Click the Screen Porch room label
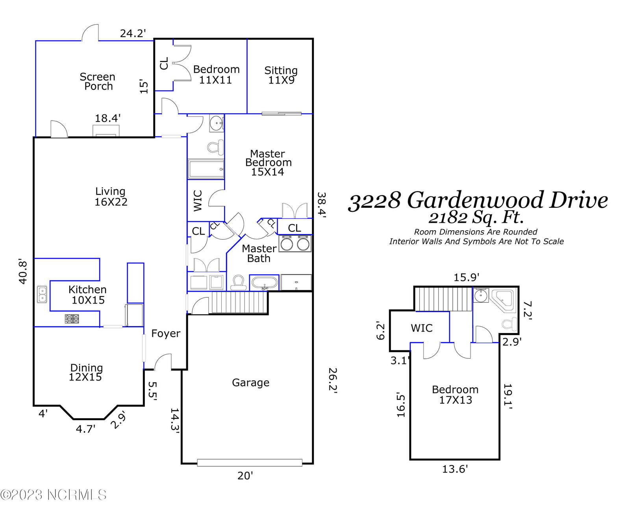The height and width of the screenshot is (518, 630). (97, 81)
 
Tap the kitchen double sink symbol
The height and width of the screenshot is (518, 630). (42, 294)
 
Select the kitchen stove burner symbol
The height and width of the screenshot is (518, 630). (72, 319)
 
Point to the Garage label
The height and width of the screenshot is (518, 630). (250, 383)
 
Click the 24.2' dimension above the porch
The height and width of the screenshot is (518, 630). (133, 33)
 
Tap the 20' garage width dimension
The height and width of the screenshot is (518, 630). (245, 475)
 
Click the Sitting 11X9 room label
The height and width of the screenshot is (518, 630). (281, 75)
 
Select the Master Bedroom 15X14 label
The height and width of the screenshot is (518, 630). (268, 163)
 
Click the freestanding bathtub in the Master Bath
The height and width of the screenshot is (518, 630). (264, 283)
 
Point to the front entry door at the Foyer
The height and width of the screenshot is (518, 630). (163, 362)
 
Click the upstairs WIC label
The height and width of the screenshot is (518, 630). (421, 328)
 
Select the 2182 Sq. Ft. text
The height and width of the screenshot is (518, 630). (476, 218)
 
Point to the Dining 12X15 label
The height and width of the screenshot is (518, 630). (86, 373)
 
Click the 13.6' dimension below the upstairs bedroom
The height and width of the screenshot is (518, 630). (455, 469)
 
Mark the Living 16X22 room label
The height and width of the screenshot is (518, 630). (111, 196)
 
